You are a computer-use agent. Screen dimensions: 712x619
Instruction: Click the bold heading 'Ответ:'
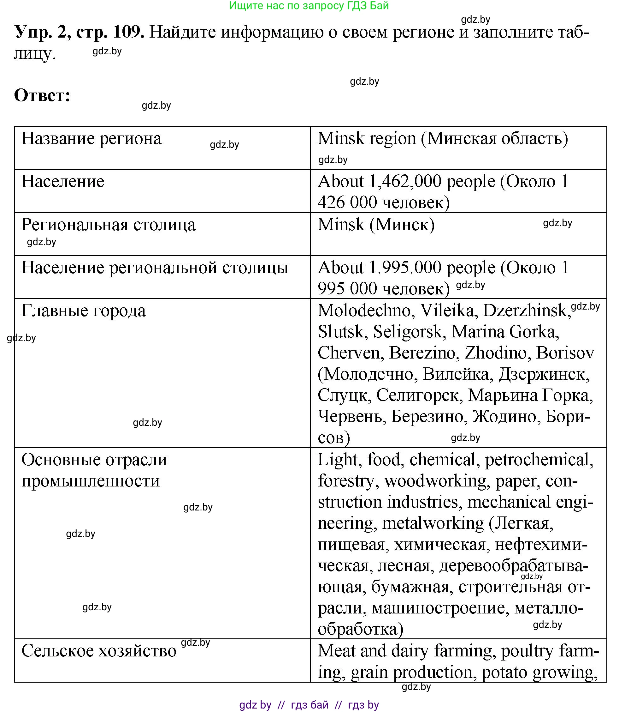pos(42,95)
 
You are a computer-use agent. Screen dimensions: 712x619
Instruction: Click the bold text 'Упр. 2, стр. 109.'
pos(79,32)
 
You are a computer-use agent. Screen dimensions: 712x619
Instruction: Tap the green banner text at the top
pos(309,6)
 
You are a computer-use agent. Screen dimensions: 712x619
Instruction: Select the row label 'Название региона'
pos(91,139)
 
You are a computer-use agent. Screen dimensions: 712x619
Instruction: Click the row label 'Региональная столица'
pos(109,225)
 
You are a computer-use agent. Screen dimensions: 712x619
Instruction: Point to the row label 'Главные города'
pos(84,311)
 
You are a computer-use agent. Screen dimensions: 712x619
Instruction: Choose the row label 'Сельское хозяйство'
pos(99,651)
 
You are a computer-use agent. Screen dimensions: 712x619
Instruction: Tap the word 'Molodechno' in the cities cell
pos(364,311)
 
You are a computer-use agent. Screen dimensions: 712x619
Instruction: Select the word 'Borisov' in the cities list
pos(565,353)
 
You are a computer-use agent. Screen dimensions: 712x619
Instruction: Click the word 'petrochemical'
pos(539,460)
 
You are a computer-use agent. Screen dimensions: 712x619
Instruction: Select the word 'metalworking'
pos(433,523)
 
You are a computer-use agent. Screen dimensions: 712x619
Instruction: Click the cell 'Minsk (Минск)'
pos(376,225)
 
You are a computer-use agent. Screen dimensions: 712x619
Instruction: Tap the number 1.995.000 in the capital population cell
pos(405,268)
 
